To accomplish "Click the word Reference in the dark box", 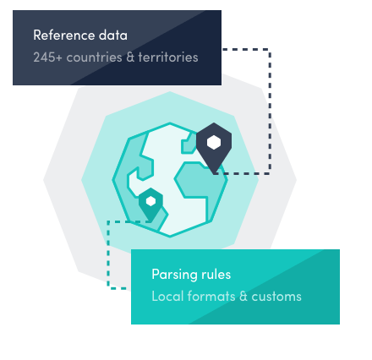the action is pyautogui.click(x=64, y=35).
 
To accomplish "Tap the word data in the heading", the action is pyautogui.click(x=113, y=35).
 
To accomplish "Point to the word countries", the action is pyautogui.click(x=94, y=57).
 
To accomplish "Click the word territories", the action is pyautogui.click(x=168, y=57).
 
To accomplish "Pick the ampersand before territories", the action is pyautogui.click(x=130, y=57).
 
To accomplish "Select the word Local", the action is pyautogui.click(x=167, y=297).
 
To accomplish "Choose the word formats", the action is pyautogui.click(x=211, y=297).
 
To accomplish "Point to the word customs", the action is pyautogui.click(x=276, y=297).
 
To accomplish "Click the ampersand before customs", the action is pyautogui.click(x=243, y=297).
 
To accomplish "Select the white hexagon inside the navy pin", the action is pyautogui.click(x=214, y=142).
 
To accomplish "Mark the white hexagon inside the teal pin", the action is pyautogui.click(x=150, y=201).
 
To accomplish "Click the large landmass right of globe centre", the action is pyautogui.click(x=200, y=183).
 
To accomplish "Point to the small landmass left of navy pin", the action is pyautogui.click(x=188, y=144).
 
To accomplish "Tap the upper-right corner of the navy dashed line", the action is pyautogui.click(x=270, y=50).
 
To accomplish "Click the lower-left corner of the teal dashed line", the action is pyautogui.click(x=108, y=288).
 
